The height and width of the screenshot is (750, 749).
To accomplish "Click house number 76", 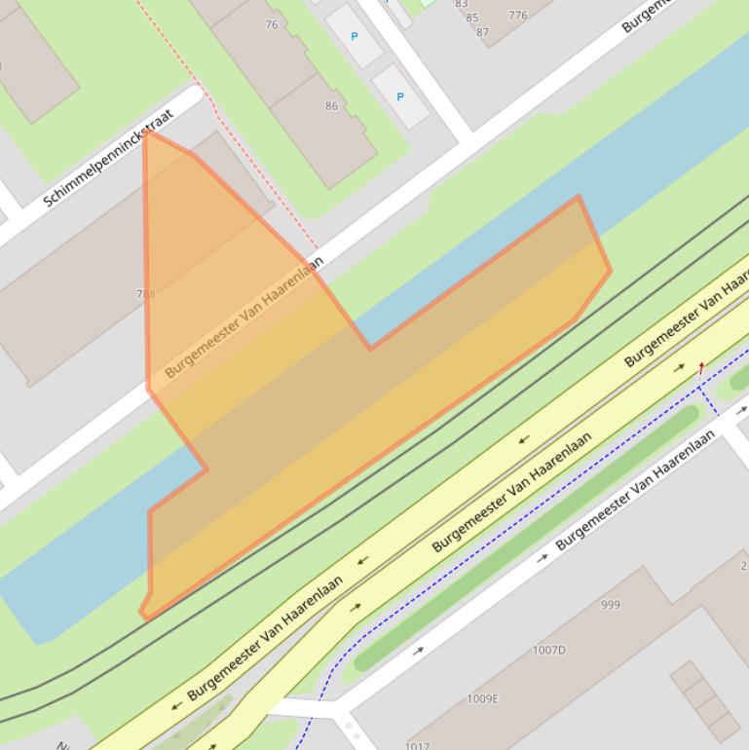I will [x=271, y=25].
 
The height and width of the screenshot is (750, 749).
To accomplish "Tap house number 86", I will [x=331, y=106].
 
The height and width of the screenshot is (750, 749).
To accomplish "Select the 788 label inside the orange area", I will [x=146, y=293].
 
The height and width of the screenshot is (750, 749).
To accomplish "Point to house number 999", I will [x=611, y=605].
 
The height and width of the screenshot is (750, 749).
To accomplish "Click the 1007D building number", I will [x=548, y=650].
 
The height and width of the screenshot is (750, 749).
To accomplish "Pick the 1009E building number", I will [x=482, y=698].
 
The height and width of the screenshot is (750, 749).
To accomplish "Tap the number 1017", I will [x=417, y=745].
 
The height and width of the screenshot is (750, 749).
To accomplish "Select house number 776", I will [x=517, y=16].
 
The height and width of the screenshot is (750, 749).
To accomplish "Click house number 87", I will [x=482, y=32].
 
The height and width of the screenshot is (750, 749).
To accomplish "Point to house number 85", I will [x=472, y=18].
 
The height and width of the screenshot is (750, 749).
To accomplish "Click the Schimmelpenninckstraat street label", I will [x=108, y=157].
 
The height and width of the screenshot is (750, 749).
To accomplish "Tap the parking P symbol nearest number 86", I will [x=399, y=97].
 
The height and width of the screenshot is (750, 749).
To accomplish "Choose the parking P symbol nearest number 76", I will [x=354, y=37].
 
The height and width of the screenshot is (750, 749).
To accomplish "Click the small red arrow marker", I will [x=701, y=369].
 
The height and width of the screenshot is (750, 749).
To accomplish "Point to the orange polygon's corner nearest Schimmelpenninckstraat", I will [x=147, y=132].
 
